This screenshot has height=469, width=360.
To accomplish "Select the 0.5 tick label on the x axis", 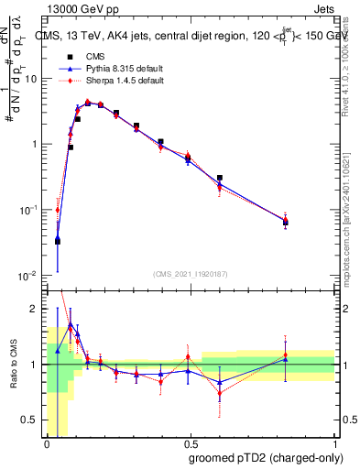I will click(190, 443).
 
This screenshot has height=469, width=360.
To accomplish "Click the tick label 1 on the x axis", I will click(333, 443).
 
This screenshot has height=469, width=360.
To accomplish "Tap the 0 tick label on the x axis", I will click(47, 443).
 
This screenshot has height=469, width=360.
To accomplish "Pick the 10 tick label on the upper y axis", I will click(29, 79).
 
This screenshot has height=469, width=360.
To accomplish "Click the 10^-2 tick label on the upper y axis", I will click(27, 276).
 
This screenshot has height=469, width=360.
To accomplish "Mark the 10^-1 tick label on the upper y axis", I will click(27, 210).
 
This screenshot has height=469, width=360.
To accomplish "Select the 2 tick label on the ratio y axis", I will click(34, 309).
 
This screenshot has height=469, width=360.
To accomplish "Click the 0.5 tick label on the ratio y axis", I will click(30, 420).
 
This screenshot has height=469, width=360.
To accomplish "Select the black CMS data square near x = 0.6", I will click(219, 178).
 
